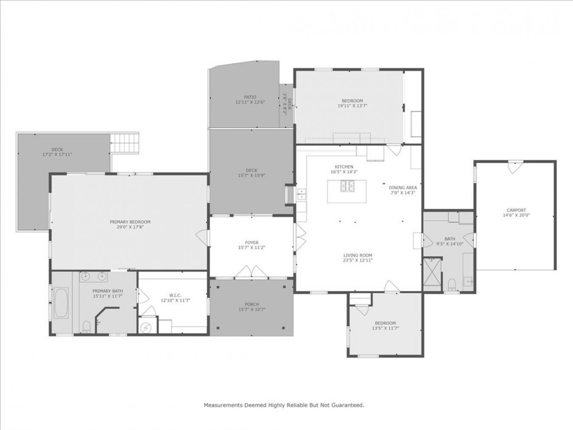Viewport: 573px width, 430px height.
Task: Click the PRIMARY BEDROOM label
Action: pos(130,222)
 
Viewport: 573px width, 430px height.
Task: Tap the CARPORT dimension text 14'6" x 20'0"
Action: pos(516,215)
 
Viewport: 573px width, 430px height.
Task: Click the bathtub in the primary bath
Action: pos(61,303)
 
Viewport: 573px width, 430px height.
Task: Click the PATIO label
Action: pos(250,97)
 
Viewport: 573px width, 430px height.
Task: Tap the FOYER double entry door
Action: pos(252,272)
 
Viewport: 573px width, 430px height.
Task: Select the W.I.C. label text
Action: pos(175,295)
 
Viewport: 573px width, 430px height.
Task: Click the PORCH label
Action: pos(252,304)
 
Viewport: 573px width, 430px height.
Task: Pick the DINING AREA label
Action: pos(403,188)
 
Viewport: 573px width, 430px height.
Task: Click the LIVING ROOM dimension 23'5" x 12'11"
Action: pos(358,261)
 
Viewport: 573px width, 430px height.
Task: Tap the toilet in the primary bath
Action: pos(87,326)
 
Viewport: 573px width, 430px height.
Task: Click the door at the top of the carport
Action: pos(515,166)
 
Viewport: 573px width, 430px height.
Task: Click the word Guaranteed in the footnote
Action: pos(347,405)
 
